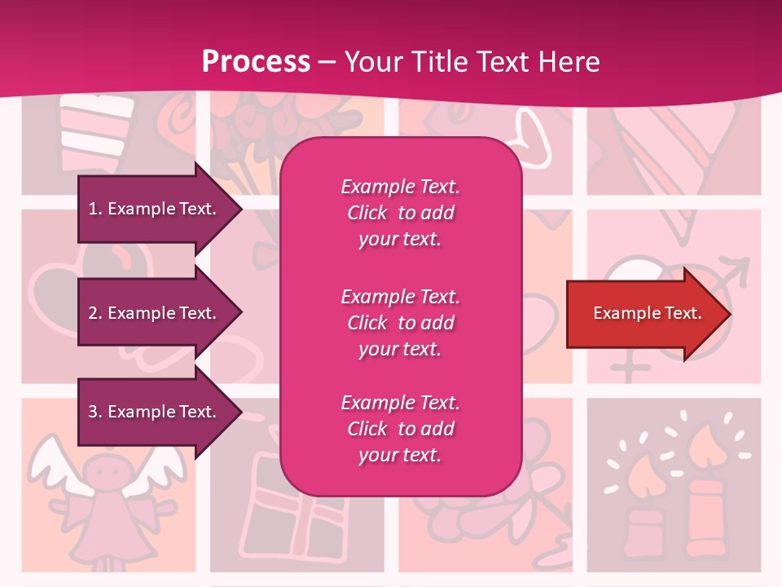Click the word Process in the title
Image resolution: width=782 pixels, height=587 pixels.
point(256,62)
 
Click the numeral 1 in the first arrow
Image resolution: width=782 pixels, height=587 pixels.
point(93,209)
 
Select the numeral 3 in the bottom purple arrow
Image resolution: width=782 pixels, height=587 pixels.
point(93,412)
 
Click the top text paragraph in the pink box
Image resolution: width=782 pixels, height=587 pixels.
point(400,213)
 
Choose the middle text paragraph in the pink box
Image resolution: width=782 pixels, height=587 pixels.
point(400,323)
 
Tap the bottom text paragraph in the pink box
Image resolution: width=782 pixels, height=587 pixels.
point(400,429)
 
